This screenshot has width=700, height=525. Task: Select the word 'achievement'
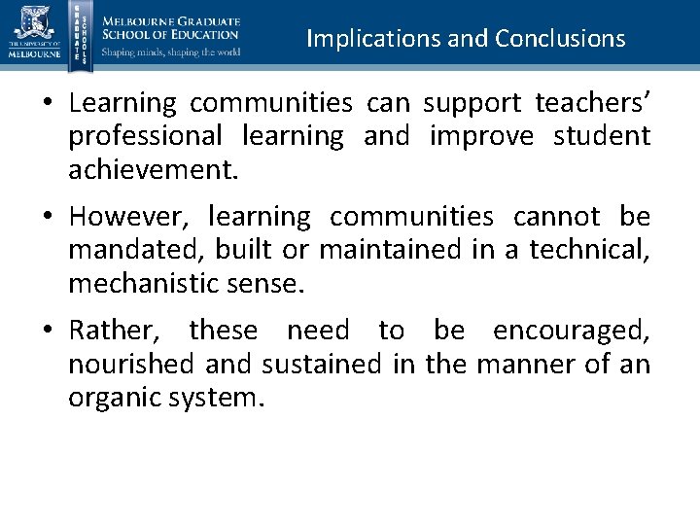point(151,171)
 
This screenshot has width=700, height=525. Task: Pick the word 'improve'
point(481,137)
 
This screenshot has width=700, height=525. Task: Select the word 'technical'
point(589,250)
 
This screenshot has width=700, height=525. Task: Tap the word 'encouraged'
point(571,331)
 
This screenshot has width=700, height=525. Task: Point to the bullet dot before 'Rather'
point(47,332)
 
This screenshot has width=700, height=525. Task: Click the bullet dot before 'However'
point(47,217)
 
